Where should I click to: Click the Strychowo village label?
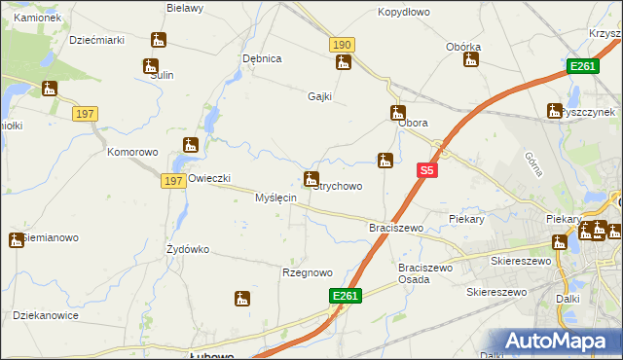click(x=339, y=186)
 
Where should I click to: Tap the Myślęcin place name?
click(x=275, y=198)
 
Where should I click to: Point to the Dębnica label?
click(x=262, y=58)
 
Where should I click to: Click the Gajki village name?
click(x=320, y=96)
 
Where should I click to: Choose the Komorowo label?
click(x=132, y=153)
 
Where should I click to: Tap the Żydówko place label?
click(x=188, y=249)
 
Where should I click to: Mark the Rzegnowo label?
click(x=308, y=272)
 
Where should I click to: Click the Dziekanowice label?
click(x=46, y=315)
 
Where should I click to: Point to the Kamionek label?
click(x=38, y=18)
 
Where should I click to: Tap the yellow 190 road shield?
click(x=342, y=46)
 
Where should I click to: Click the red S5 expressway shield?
click(x=426, y=170)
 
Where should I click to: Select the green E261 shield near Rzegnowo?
click(x=346, y=296)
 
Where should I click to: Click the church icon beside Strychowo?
click(x=311, y=178)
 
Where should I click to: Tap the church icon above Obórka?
click(x=471, y=59)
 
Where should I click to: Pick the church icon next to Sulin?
click(x=151, y=66)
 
